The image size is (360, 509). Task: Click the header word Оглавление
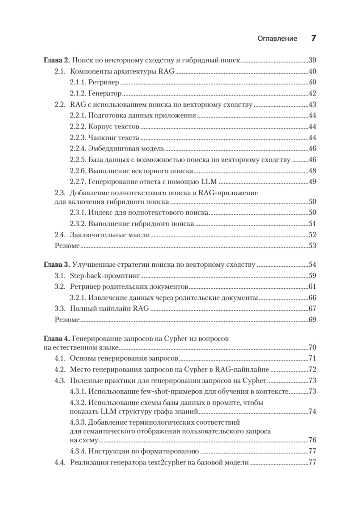[x=277, y=38]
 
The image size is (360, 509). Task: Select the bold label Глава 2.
[x=56, y=60]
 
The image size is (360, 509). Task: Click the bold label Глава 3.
[x=56, y=265]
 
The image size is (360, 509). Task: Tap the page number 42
[x=313, y=93]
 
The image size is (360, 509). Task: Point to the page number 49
[x=313, y=182]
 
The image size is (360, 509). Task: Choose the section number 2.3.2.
[x=78, y=223]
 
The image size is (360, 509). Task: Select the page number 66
[x=313, y=298]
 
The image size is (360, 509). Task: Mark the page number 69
[x=313, y=319]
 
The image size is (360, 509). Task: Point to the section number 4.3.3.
[x=78, y=422]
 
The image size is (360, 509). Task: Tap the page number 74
[x=313, y=411]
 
